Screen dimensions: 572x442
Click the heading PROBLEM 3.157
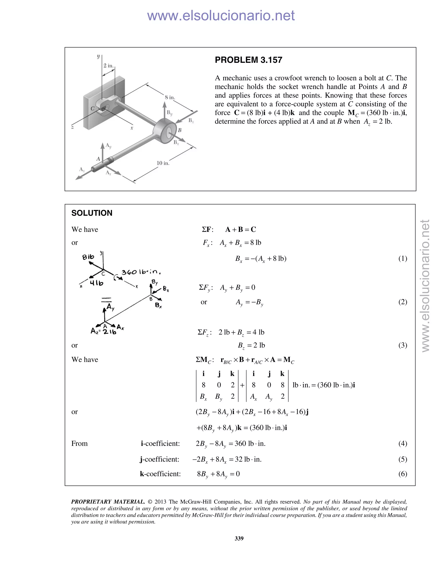click(248, 60)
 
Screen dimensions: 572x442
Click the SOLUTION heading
click(92, 213)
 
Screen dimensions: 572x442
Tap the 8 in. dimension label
click(170, 97)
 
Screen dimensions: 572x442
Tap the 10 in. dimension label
click(163, 163)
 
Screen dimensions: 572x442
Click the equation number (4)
click(403, 443)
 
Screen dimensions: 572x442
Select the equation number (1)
click(403, 259)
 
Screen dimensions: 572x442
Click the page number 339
click(239, 539)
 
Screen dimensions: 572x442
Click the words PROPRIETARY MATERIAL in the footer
click(108, 502)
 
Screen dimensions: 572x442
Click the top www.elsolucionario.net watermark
click(221, 16)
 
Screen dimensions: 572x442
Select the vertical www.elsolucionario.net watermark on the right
click(426, 286)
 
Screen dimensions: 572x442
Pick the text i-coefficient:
click(160, 443)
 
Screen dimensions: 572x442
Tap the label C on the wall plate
click(92, 108)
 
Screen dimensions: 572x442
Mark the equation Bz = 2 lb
click(251, 345)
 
